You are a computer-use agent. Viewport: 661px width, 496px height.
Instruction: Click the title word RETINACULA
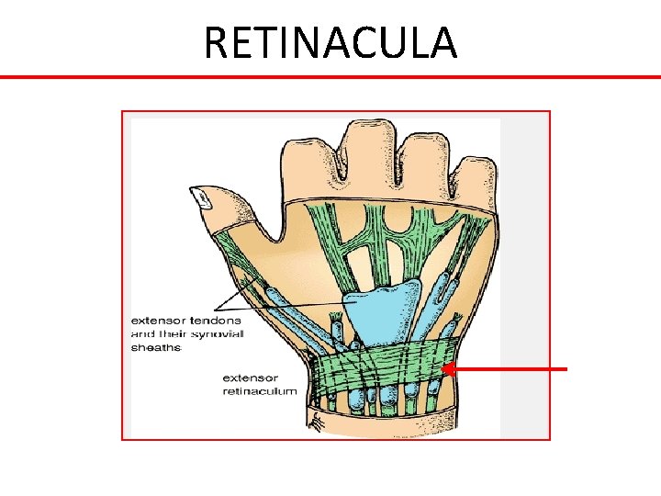(330, 42)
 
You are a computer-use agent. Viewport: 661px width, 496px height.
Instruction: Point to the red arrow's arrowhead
(448, 369)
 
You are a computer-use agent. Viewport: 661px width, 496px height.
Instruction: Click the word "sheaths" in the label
(156, 347)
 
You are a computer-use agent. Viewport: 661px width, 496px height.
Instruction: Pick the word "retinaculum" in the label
(260, 390)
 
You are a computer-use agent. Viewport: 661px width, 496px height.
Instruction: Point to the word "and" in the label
(144, 333)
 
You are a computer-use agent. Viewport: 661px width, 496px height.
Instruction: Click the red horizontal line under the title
(330, 76)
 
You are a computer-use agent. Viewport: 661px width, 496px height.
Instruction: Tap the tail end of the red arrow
(565, 369)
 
